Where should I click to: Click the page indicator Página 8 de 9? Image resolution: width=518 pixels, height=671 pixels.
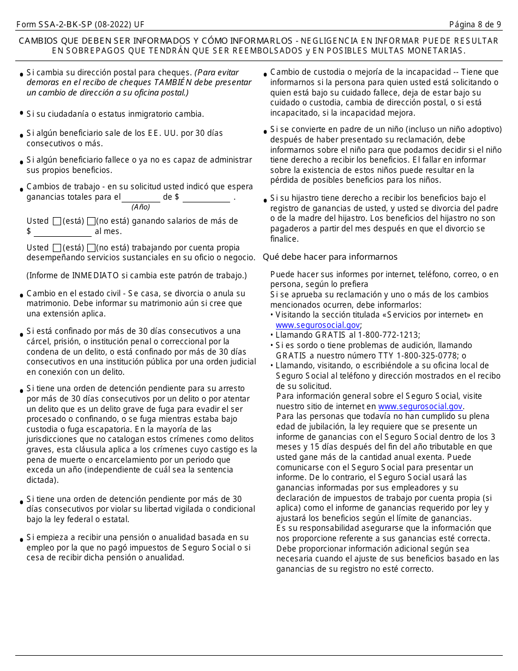point(475,25)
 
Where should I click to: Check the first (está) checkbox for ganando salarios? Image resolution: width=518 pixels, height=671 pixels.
point(57,221)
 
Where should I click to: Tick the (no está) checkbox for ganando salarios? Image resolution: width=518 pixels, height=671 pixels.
point(91,221)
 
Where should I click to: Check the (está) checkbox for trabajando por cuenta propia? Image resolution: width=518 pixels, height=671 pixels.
point(57,248)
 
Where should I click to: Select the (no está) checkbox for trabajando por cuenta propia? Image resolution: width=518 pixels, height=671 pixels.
point(91,248)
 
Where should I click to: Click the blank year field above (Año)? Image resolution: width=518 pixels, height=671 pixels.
point(141,197)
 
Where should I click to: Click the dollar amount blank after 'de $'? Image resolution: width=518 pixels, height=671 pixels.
point(206,197)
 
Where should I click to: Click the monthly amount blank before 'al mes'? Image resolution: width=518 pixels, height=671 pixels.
point(63,232)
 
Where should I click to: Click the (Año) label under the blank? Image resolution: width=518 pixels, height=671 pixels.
point(141,207)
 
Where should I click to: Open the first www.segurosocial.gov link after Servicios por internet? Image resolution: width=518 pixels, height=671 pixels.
point(310,325)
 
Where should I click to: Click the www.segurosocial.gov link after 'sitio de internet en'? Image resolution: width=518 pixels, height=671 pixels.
point(420,406)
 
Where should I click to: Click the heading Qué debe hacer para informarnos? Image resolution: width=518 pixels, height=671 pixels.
point(330,257)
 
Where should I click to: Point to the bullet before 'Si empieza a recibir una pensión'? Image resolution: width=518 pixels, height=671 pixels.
point(21,540)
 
